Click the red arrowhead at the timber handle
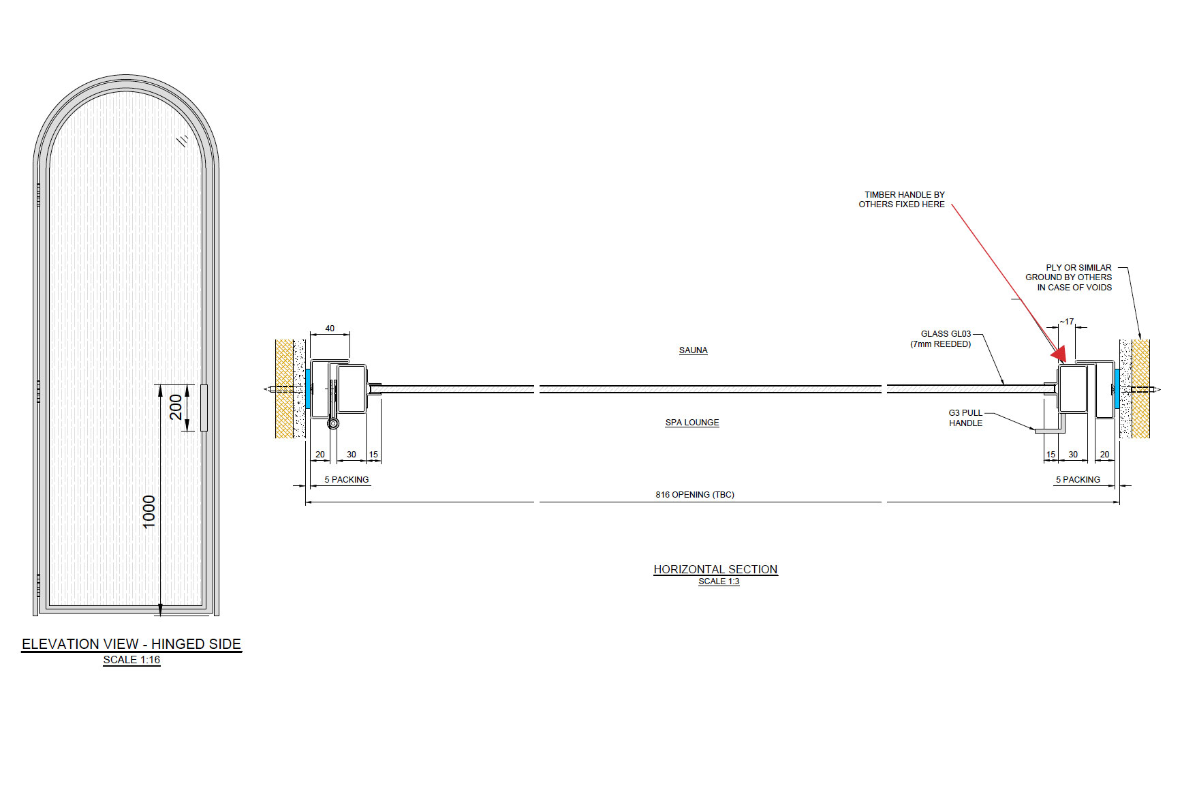[x=1059, y=354]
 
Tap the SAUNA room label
[x=693, y=350]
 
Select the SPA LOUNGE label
[x=691, y=423]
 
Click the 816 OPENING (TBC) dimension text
[x=694, y=495]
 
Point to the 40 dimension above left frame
[x=330, y=329]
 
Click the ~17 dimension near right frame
[x=1067, y=322]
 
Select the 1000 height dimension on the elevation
[x=149, y=511]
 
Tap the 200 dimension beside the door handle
[x=176, y=407]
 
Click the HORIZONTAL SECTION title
[x=715, y=569]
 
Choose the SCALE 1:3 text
[x=719, y=581]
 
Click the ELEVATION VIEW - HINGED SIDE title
[x=131, y=644]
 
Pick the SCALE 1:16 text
[x=131, y=660]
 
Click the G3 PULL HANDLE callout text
[x=965, y=418]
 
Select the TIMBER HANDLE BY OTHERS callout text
[x=902, y=199]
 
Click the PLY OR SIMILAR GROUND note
[x=1070, y=277]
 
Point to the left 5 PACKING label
[x=346, y=480]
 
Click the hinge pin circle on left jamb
[x=333, y=423]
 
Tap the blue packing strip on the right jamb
[x=1117, y=389]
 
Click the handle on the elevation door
[x=204, y=407]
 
